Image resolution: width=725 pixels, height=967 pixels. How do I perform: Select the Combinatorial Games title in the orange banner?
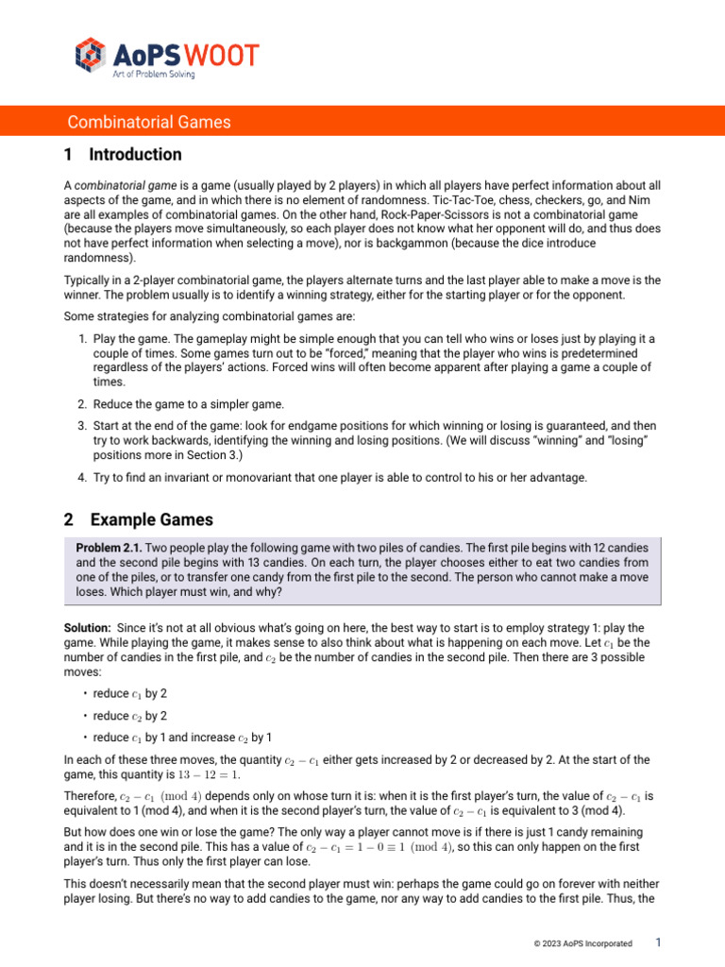coord(149,122)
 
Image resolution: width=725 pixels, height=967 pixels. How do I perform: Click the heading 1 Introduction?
coord(124,154)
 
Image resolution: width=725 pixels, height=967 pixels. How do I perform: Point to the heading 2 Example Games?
coord(139,519)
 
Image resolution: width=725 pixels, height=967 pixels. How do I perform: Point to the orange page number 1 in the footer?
coord(659,942)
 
